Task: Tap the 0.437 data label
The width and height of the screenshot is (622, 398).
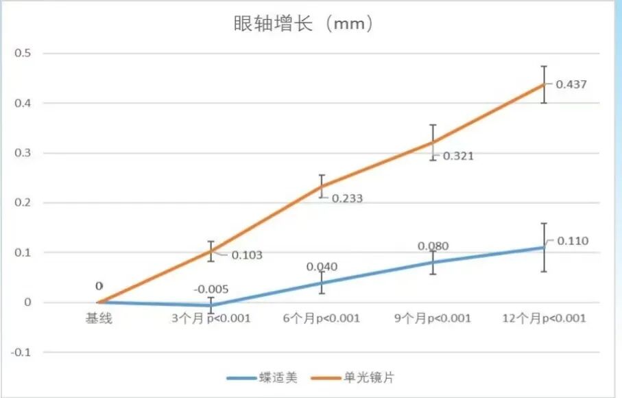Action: click(571, 84)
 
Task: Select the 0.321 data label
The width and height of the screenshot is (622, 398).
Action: click(458, 156)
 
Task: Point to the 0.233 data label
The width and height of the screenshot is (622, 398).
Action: click(347, 198)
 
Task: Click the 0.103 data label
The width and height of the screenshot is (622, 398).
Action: click(246, 255)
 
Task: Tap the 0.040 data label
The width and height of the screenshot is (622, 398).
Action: click(322, 266)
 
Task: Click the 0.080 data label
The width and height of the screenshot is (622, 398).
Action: click(433, 246)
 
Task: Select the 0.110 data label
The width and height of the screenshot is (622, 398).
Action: click(573, 241)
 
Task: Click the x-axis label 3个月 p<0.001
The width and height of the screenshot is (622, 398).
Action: click(210, 318)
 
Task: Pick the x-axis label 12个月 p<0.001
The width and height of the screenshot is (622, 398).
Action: click(544, 318)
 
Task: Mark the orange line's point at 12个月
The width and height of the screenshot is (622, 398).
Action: click(544, 84)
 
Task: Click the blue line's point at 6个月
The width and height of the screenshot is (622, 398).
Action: click(322, 282)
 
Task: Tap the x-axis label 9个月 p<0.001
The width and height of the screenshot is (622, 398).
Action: click(433, 318)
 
